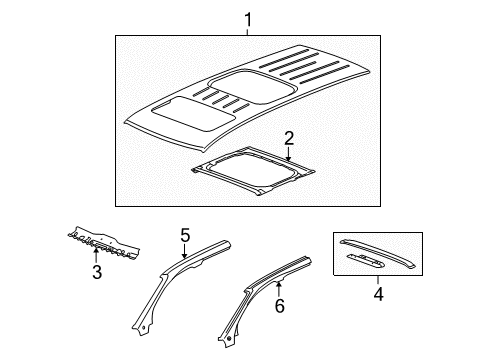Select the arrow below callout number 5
[185, 254]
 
